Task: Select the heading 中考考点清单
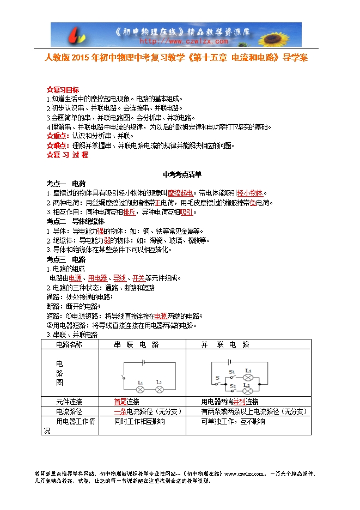(x=182, y=175)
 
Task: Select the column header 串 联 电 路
(x=136, y=344)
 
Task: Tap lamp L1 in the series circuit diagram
(x=140, y=390)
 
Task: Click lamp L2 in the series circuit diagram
(x=158, y=390)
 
